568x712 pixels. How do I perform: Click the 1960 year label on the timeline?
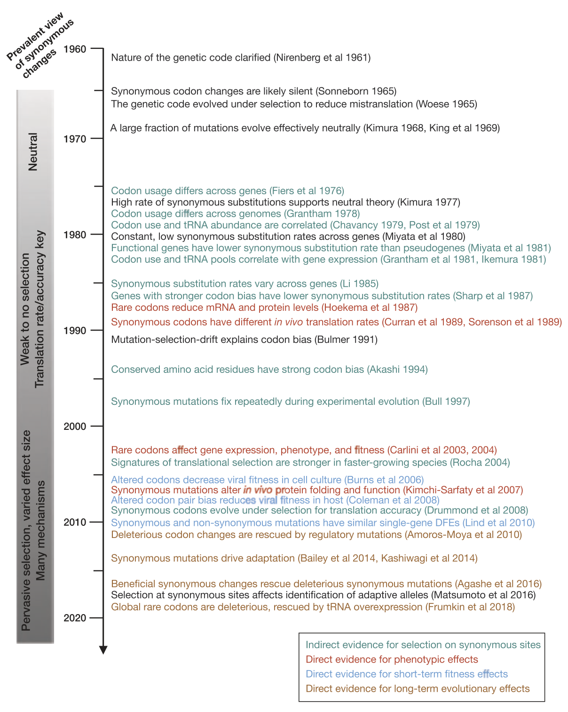click(75, 49)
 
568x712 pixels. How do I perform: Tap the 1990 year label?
click(75, 330)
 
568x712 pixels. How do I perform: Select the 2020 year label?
click(75, 617)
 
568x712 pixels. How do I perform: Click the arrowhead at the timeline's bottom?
click(103, 650)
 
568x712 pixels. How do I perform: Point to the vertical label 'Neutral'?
click(33, 151)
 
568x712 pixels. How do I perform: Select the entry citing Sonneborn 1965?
click(253, 91)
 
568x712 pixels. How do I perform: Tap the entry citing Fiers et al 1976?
click(228, 190)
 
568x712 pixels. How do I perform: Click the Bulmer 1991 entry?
click(244, 339)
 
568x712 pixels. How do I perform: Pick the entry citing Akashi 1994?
click(269, 369)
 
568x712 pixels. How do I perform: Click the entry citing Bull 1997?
click(290, 401)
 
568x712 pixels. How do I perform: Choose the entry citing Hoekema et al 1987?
click(264, 307)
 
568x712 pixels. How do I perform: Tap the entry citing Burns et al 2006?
click(267, 480)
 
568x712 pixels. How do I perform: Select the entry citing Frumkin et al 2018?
click(313, 607)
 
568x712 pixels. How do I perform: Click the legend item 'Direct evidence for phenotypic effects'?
click(392, 659)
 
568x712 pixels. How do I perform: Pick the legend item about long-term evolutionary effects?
click(418, 688)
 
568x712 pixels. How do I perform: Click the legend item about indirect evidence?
click(423, 645)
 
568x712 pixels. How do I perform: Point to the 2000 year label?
click(75, 426)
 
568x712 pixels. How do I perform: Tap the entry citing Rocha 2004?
click(310, 462)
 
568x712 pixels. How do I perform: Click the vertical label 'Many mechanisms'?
click(41, 530)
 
